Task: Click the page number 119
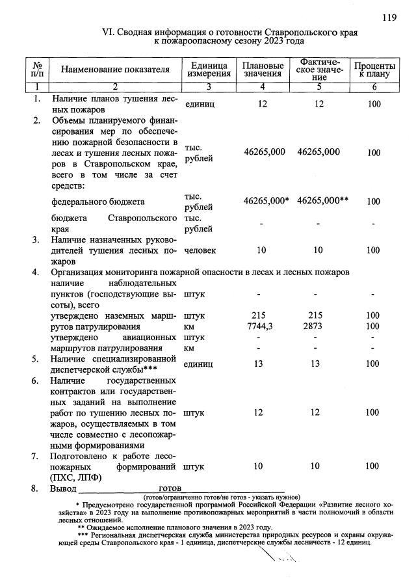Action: (x=389, y=18)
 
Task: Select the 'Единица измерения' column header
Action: (x=209, y=70)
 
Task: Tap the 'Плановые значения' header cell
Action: (x=263, y=70)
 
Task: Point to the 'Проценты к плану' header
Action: (x=374, y=70)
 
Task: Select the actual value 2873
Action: (x=318, y=326)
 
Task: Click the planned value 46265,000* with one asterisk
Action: (x=266, y=202)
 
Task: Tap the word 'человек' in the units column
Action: (x=200, y=250)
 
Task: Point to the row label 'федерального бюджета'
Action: (x=97, y=202)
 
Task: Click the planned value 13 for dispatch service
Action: (x=262, y=364)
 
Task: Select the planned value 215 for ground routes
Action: (x=262, y=315)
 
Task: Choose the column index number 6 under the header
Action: (x=373, y=87)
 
